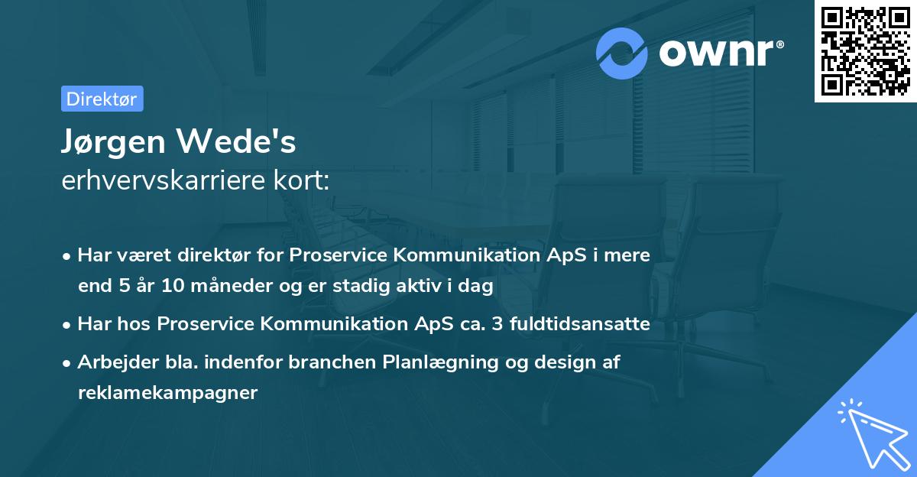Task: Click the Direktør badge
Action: [102, 99]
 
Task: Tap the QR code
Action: [865, 52]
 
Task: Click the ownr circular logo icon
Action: [623, 53]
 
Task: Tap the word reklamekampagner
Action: [167, 393]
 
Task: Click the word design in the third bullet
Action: [548, 362]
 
